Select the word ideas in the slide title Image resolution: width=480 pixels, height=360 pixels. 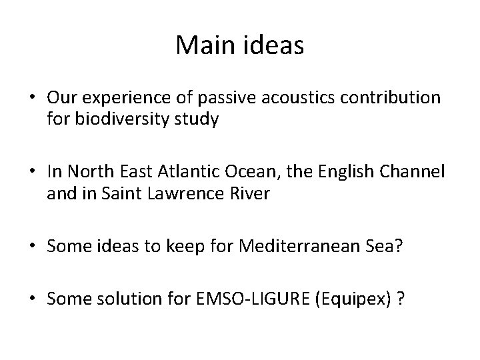(272, 45)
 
